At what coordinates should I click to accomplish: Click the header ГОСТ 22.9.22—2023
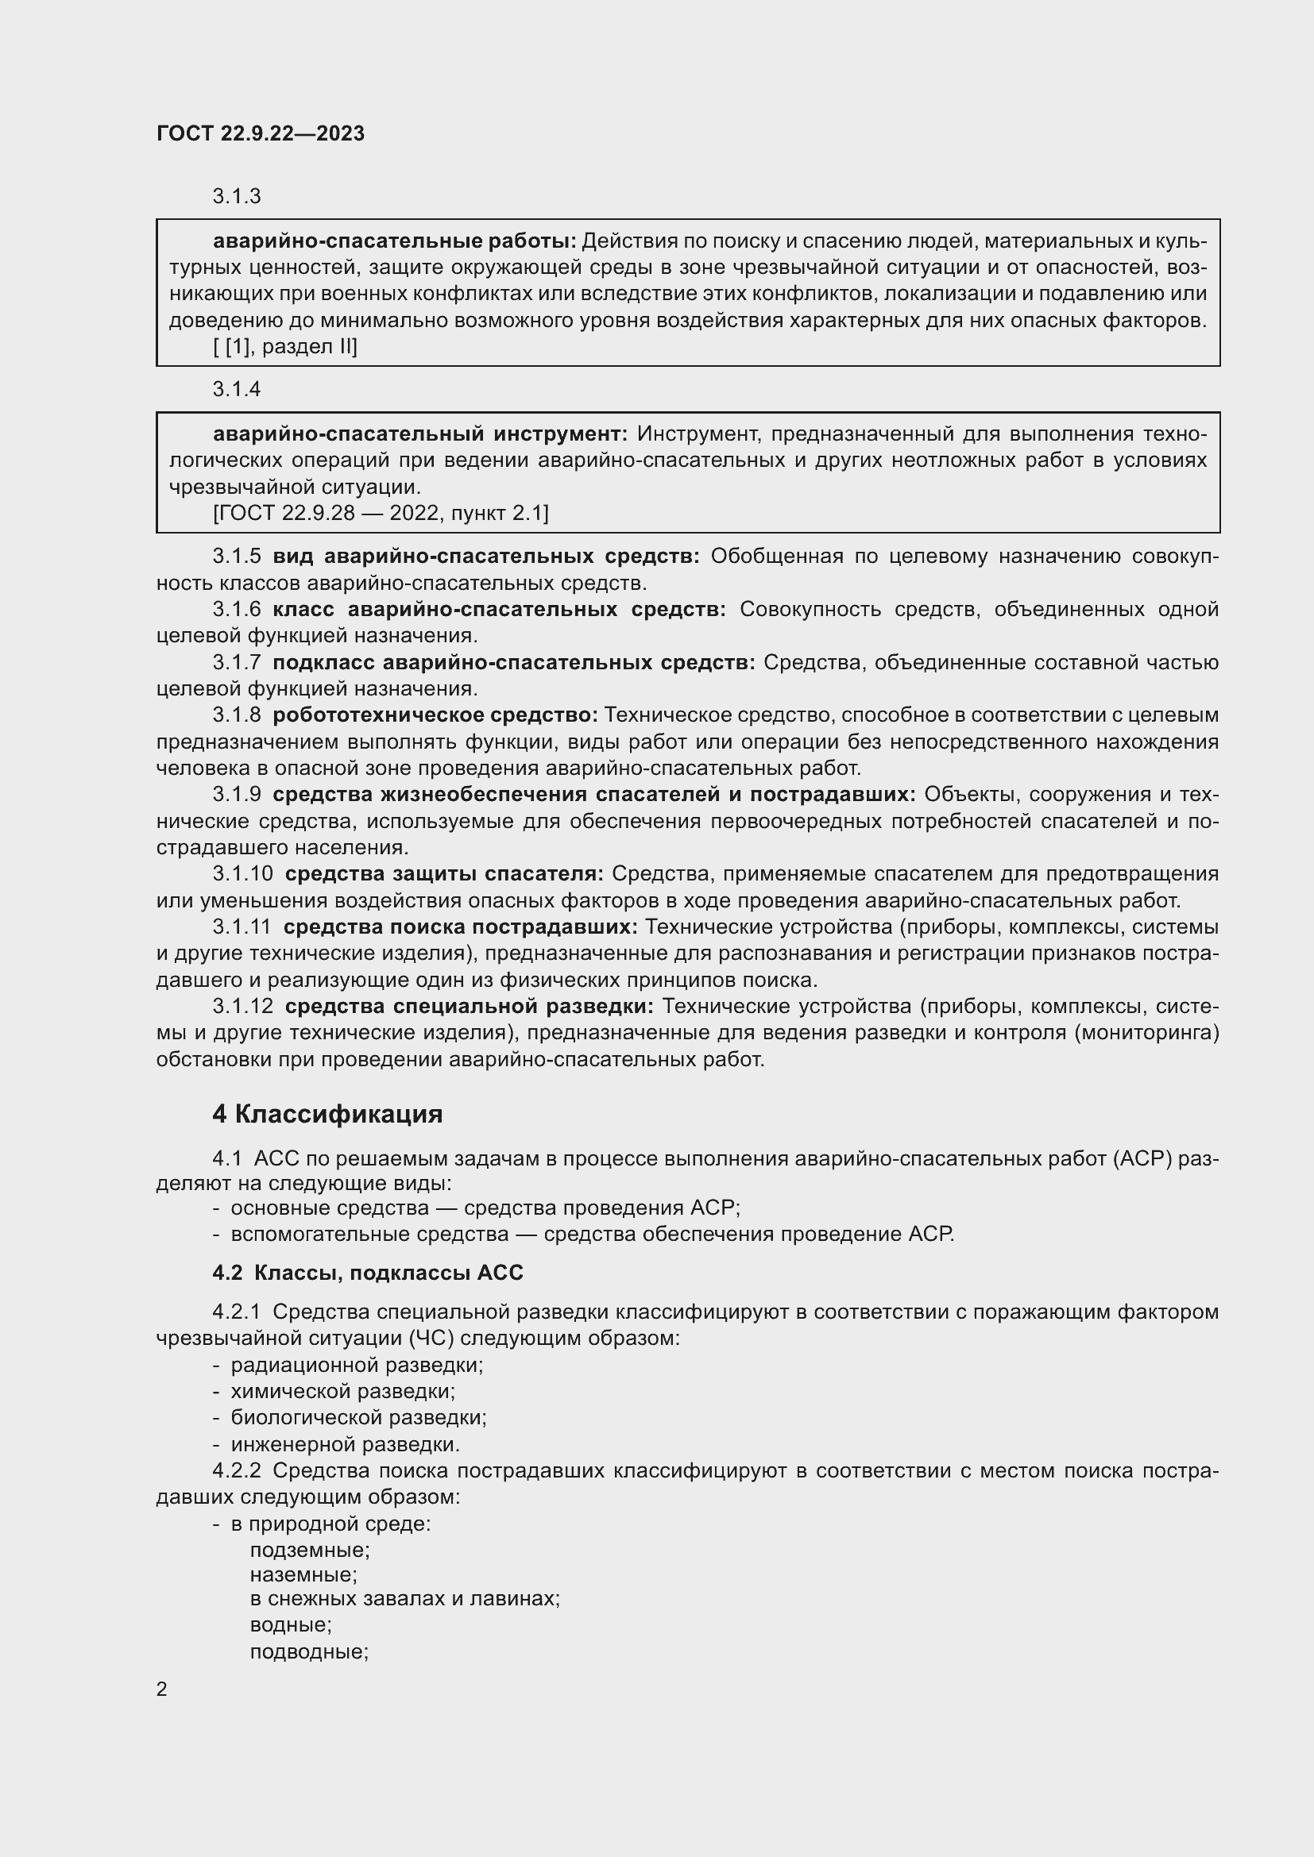pos(261,133)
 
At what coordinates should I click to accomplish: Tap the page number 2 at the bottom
pos(162,1689)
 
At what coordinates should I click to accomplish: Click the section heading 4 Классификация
pos(327,1114)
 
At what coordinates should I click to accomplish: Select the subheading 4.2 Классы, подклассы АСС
pos(367,1272)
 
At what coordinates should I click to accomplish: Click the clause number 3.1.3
pos(236,197)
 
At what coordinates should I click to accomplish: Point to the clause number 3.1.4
pos(236,389)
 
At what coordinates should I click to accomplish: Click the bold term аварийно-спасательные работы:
pos(394,241)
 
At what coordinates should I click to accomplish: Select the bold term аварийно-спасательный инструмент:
pos(420,434)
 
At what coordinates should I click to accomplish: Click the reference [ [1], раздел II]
pos(285,347)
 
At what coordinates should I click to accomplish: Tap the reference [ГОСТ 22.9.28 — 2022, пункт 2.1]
pos(381,513)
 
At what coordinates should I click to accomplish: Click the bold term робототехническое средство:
pos(435,715)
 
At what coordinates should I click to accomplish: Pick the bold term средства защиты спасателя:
pos(444,873)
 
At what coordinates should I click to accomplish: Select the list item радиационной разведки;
pos(357,1366)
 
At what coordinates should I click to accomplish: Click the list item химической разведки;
pos(343,1391)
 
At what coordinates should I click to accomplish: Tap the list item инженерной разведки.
pos(346,1443)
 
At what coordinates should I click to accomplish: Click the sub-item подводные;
pos(309,1651)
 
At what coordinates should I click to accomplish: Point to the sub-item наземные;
pos(303,1574)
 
